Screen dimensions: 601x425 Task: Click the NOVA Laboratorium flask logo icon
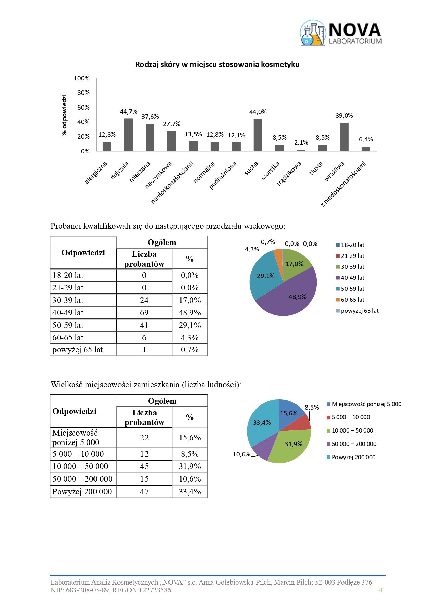pos(312,33)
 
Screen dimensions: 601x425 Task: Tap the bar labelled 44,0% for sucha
pos(258,135)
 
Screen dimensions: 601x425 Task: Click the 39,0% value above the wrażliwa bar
pos(344,116)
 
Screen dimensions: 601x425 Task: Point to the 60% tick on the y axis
pos(84,108)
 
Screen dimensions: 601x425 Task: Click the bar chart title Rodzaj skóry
pos(217,65)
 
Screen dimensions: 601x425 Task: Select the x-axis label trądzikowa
pos(289,174)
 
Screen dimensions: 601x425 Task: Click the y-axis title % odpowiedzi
pos(64,115)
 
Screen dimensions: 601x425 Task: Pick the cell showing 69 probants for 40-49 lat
pos(144,313)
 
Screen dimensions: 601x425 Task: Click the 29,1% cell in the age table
pos(190,325)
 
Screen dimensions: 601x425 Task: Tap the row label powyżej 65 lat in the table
pos(78,350)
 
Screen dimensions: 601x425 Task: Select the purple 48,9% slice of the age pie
pos(291,298)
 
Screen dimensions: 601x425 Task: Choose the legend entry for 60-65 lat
pos(352,300)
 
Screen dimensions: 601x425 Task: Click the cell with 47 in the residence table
pos(144,492)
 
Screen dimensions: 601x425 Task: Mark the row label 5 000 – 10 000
pos(78,454)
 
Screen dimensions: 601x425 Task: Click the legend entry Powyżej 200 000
pos(353,458)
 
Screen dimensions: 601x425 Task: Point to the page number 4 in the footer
pos(380,590)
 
